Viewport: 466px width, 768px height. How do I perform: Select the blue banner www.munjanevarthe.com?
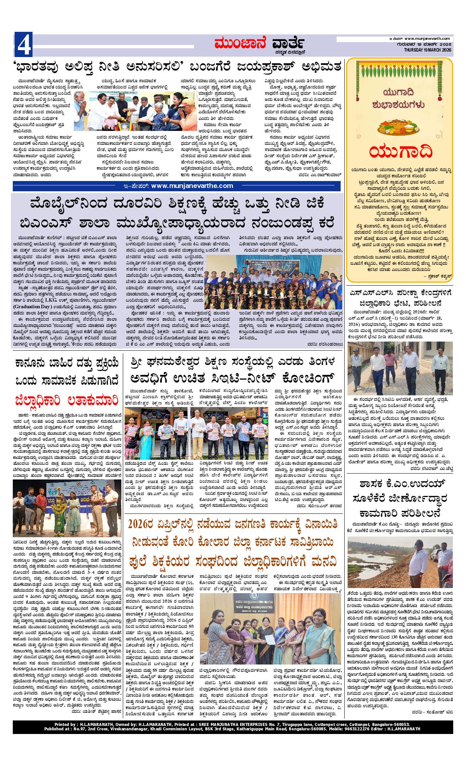click(177, 186)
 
